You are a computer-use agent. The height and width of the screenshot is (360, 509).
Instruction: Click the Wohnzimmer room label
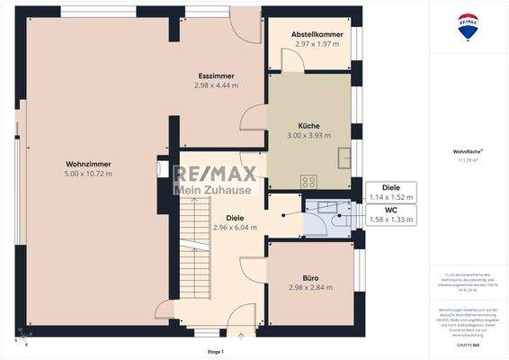point(88,163)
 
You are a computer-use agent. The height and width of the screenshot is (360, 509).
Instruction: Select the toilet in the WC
point(339,220)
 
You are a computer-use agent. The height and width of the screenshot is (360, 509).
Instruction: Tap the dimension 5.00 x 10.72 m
point(88,173)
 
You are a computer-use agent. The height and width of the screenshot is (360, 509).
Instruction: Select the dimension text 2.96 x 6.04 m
point(235,228)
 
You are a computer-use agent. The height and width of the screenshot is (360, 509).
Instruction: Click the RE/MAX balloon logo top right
point(468,27)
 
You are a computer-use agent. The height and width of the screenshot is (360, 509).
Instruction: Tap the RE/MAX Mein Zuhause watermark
point(215,179)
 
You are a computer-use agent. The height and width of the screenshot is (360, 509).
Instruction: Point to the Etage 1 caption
point(215,351)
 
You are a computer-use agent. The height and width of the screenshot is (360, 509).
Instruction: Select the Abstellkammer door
point(292,61)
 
